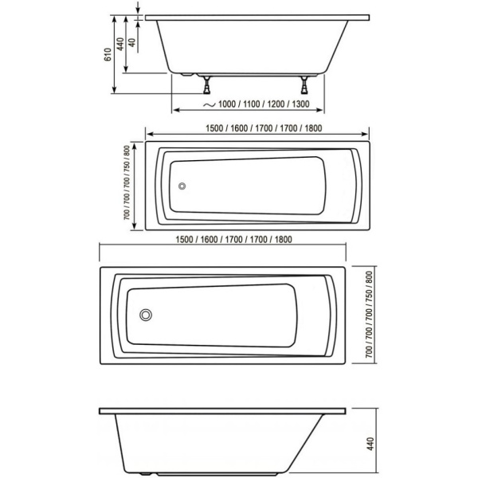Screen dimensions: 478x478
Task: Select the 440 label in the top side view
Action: [x=119, y=45]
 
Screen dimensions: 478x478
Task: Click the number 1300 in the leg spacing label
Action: [x=300, y=104]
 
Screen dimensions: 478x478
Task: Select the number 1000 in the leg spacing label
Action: [x=228, y=104]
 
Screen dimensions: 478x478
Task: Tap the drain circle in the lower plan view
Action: [x=146, y=314]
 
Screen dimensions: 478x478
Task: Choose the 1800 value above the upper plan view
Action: [x=311, y=127]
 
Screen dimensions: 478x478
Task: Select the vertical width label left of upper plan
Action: [x=127, y=184]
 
